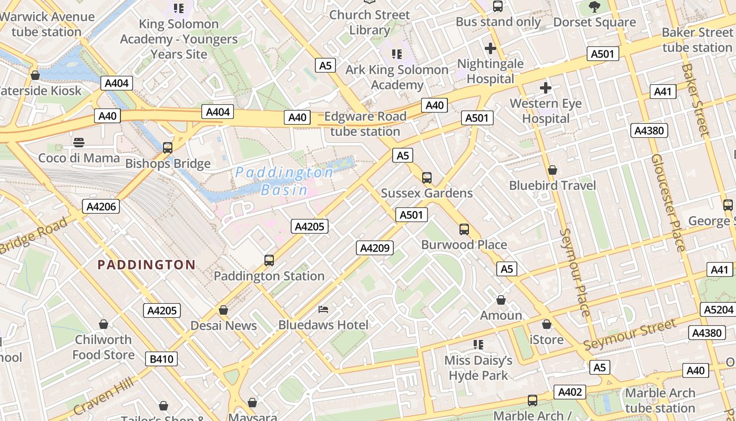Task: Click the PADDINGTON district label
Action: point(147,265)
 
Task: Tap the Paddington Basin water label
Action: point(284,181)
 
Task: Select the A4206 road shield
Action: point(101,206)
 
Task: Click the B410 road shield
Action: point(161,359)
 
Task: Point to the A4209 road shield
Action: point(375,248)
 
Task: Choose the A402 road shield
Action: point(570,392)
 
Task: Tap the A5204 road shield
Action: point(718,310)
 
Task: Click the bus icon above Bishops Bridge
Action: point(168,148)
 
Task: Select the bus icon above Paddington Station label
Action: point(269,260)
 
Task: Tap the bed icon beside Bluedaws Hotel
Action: point(324,309)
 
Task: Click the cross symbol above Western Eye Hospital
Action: point(546,87)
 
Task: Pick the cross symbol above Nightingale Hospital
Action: point(490,48)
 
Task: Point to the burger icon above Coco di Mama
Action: point(79,142)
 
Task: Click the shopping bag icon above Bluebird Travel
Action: point(553,170)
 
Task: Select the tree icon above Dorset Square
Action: point(595,7)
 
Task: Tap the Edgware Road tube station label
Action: point(365,124)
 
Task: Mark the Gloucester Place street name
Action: point(668,203)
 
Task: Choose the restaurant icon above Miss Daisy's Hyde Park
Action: point(478,345)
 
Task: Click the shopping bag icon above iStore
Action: point(547,324)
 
